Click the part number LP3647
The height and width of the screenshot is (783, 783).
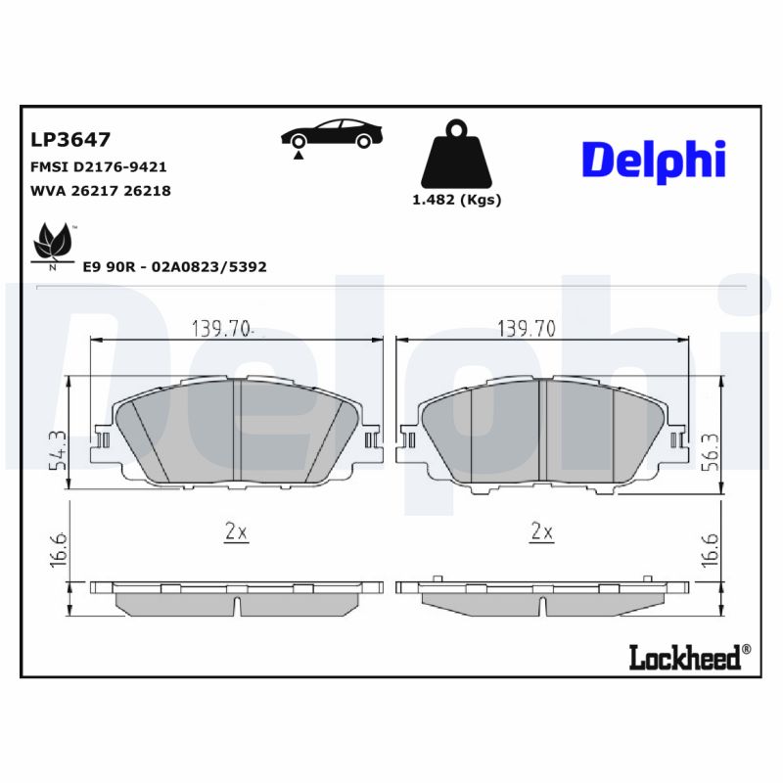point(70,140)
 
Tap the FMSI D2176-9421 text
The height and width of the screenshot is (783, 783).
point(100,167)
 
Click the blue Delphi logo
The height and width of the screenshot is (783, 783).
point(654,159)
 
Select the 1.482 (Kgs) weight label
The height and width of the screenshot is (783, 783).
point(456,200)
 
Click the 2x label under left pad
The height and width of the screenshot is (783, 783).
point(235,532)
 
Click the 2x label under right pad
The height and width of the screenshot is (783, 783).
point(541,532)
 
